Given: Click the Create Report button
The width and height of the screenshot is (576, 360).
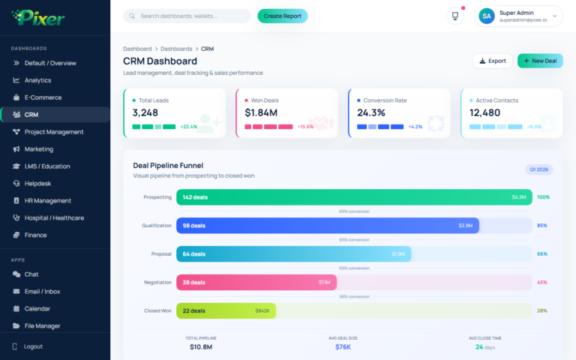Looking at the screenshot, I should pyautogui.click(x=282, y=16).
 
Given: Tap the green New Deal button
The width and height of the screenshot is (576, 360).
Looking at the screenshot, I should pyautogui.click(x=540, y=61).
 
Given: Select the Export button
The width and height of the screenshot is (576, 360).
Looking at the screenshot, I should pyautogui.click(x=492, y=61).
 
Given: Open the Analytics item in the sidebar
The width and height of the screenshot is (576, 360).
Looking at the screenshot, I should pyautogui.click(x=37, y=80).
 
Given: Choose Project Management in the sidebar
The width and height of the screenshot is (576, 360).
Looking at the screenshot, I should pyautogui.click(x=54, y=132).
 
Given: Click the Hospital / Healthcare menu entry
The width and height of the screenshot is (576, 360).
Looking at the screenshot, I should pyautogui.click(x=54, y=218).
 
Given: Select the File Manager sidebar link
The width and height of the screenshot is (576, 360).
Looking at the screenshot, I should pyautogui.click(x=42, y=326).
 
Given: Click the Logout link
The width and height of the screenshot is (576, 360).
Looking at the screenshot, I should pyautogui.click(x=33, y=346).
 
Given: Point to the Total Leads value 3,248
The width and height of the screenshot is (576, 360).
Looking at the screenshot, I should pyautogui.click(x=145, y=112).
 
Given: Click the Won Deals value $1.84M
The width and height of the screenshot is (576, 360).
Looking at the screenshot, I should pyautogui.click(x=261, y=112).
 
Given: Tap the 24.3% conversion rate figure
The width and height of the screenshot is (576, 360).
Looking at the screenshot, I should pyautogui.click(x=371, y=112).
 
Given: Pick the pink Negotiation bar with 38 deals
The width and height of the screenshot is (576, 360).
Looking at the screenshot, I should pyautogui.click(x=256, y=283).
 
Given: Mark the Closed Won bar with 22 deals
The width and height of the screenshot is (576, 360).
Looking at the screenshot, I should pyautogui.click(x=226, y=310).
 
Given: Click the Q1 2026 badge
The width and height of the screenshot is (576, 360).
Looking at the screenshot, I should pyautogui.click(x=538, y=169).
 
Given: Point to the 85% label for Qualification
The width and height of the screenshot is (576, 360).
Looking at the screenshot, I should pyautogui.click(x=542, y=226).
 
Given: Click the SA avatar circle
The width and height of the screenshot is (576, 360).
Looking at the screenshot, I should pyautogui.click(x=487, y=16).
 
